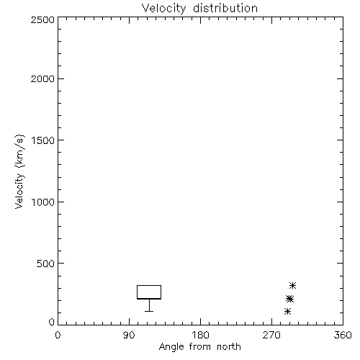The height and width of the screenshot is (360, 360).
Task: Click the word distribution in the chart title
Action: [225, 8]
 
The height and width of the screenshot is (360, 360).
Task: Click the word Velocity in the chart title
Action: [163, 9]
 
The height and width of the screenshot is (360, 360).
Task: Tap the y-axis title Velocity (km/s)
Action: [19, 171]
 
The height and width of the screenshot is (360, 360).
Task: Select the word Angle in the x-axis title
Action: [171, 347]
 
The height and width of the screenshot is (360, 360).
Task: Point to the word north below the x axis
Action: [229, 346]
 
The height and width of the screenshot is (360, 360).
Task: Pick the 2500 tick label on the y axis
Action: [42, 19]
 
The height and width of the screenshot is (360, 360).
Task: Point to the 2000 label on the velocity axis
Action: [42, 78]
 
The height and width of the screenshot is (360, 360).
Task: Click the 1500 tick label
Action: [43, 140]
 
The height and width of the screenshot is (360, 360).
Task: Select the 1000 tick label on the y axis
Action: [43, 202]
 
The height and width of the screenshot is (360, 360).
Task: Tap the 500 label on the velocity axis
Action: [46, 264]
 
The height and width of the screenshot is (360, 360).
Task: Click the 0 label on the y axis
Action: [52, 322]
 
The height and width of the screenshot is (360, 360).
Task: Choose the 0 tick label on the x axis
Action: [58, 335]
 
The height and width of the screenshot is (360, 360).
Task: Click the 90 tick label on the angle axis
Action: [129, 335]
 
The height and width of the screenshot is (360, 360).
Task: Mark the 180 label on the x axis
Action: [200, 335]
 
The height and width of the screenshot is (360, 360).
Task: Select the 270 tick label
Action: [271, 335]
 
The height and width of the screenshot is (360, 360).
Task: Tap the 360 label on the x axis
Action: [343, 335]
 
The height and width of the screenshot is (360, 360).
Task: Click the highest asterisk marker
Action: [292, 285]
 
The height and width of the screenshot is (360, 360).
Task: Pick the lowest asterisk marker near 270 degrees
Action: [287, 312]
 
